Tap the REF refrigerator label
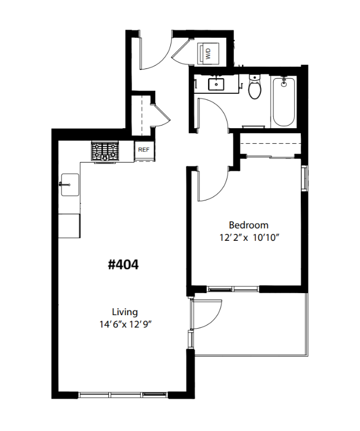tap(143, 150)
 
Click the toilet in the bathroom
tap(255, 88)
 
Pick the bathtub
tap(283, 101)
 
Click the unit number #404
tap(123, 265)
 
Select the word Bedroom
tap(248, 225)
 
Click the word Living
tap(124, 312)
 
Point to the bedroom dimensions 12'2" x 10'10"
tap(248, 237)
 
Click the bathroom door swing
tap(213, 115)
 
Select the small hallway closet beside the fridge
tap(143, 115)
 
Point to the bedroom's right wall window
tap(304, 178)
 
